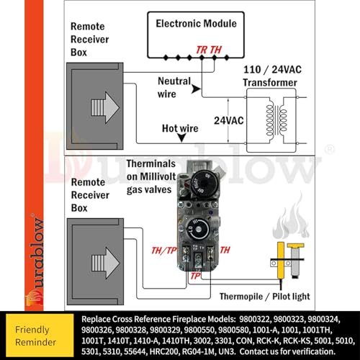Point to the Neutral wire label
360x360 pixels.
pyautogui.click(x=174, y=87)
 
